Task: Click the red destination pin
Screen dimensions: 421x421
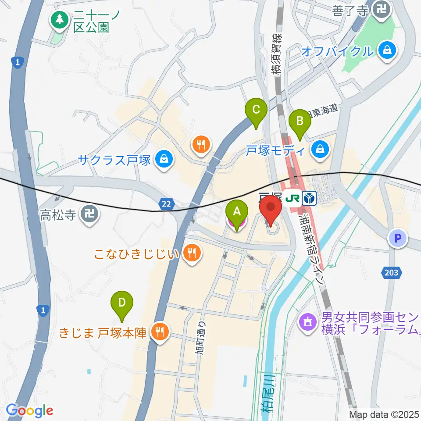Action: pyautogui.click(x=271, y=211)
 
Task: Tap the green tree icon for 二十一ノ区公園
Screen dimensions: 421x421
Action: pyautogui.click(x=58, y=19)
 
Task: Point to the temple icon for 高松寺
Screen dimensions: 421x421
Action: pyautogui.click(x=91, y=214)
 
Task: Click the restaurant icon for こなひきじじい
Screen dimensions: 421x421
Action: pyautogui.click(x=192, y=253)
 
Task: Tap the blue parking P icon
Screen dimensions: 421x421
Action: pyautogui.click(x=397, y=239)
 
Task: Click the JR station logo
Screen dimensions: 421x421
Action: pyautogui.click(x=292, y=199)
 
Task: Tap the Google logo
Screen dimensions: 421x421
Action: pyautogui.click(x=29, y=410)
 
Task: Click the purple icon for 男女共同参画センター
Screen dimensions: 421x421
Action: pyautogui.click(x=307, y=324)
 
